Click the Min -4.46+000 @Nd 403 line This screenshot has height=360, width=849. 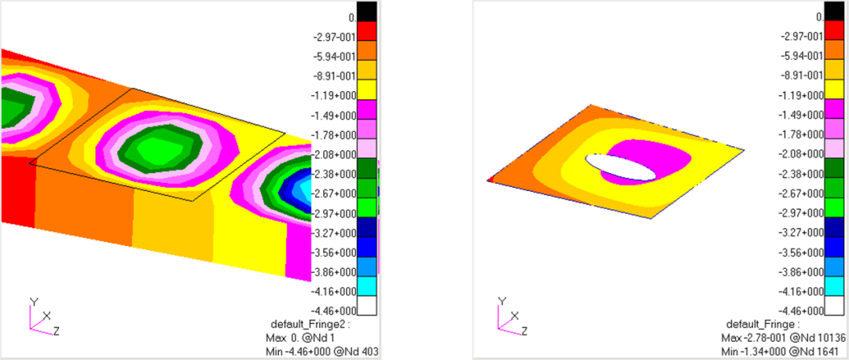(318, 350)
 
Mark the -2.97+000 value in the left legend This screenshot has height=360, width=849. (334, 214)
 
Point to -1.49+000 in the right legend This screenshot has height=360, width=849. (801, 116)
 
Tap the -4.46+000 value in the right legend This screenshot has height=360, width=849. (801, 311)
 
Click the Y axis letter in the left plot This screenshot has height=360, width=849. (34, 301)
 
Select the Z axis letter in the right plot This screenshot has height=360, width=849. (523, 330)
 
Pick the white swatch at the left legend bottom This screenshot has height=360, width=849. (367, 306)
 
